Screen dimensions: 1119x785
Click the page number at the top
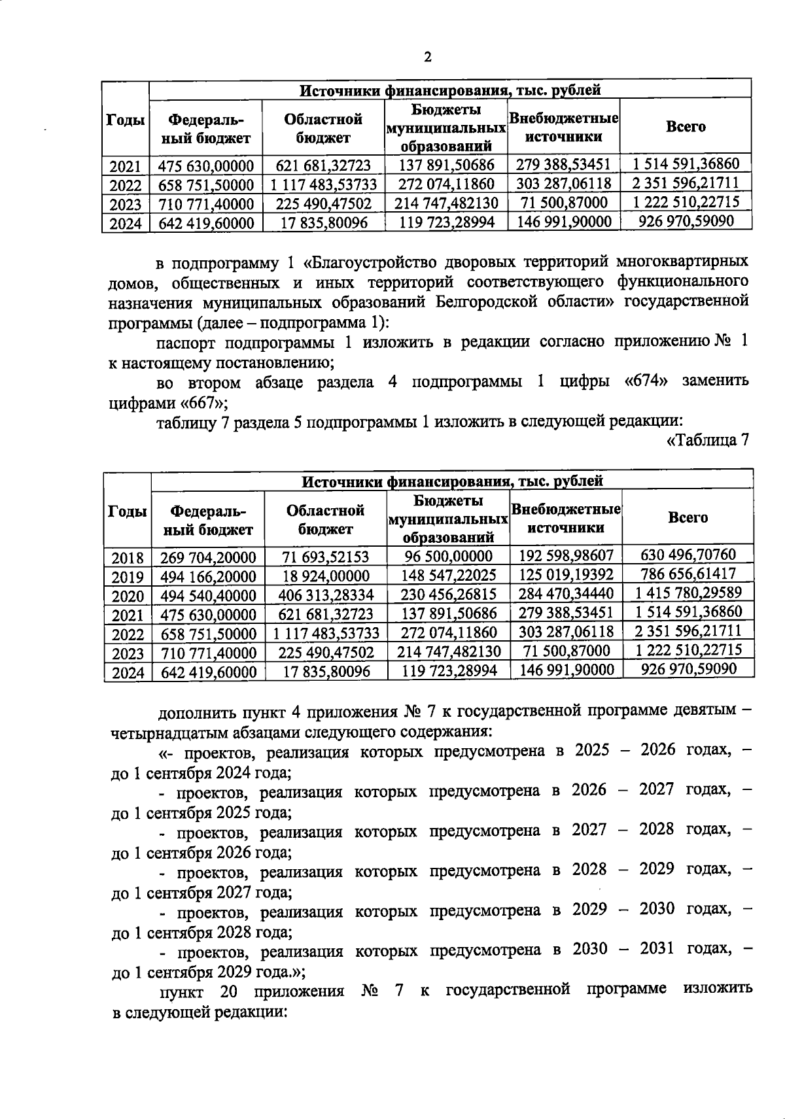point(428,57)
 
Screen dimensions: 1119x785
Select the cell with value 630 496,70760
point(688,555)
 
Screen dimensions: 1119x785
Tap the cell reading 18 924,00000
point(326,576)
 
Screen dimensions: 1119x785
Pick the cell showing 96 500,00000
point(448,557)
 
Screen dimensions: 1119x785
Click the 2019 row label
point(128,577)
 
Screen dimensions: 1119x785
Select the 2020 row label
point(128,596)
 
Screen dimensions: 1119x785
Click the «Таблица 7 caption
point(707,441)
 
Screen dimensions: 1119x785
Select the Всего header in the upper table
point(685,127)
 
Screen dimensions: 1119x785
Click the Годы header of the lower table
point(127,512)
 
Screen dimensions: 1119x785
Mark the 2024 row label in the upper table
point(126,224)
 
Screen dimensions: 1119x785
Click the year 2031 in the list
point(657,948)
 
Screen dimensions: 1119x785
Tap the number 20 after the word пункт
point(228,990)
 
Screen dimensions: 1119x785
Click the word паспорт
point(185,343)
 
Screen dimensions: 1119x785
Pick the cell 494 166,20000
point(208,577)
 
